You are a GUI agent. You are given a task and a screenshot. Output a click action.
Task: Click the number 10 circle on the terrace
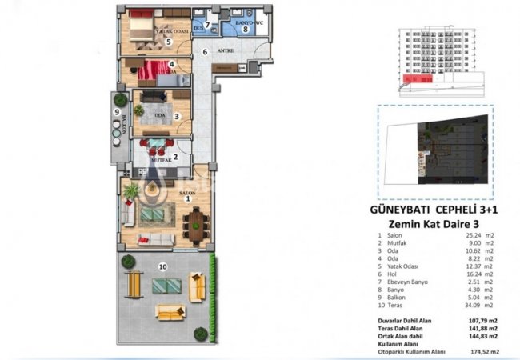[x=162, y=266]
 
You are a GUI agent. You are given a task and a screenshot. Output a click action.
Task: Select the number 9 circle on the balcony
[x=118, y=112]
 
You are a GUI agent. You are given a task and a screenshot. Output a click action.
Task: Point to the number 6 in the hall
[x=205, y=52]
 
